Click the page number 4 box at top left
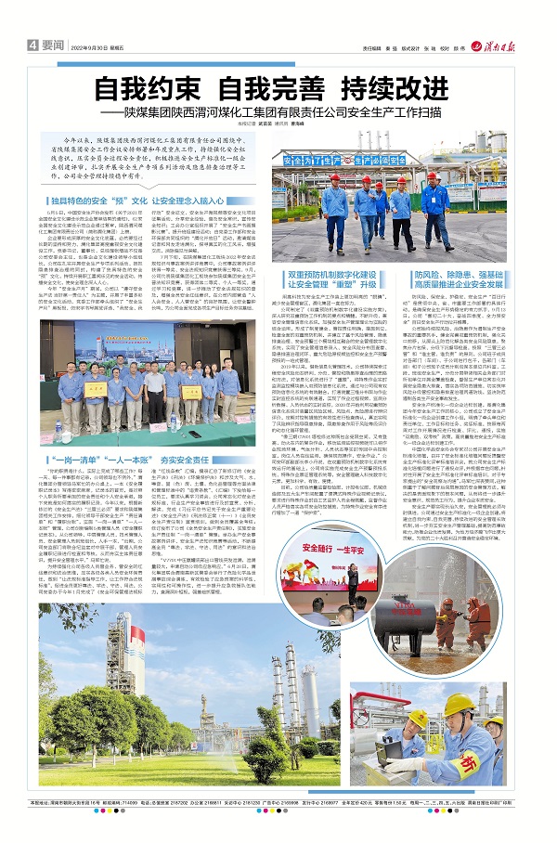[x=32, y=45]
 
